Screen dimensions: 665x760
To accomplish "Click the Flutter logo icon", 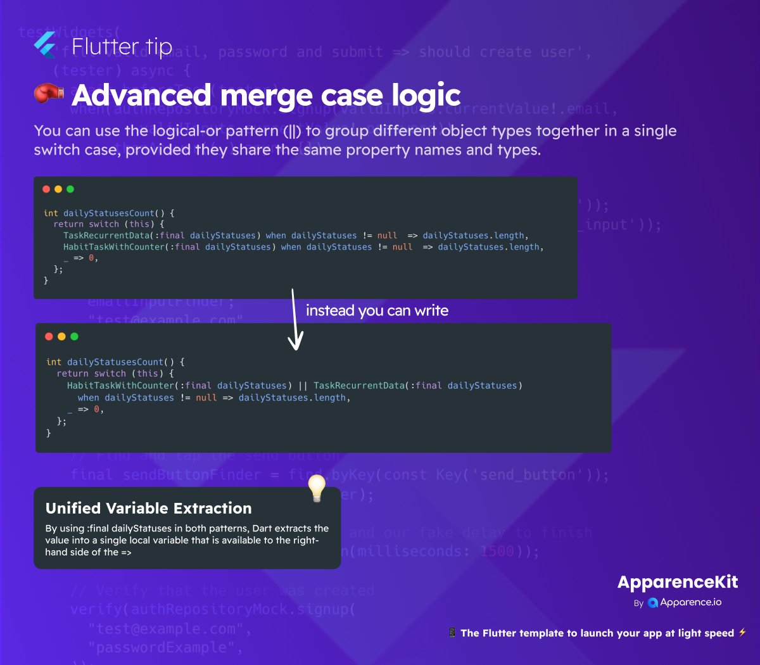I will (45, 45).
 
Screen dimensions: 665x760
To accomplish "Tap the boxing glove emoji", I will (49, 94).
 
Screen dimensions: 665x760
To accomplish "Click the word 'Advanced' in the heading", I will (141, 95).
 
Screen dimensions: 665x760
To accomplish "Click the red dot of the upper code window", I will (46, 189).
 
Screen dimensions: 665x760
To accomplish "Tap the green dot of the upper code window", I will (70, 189).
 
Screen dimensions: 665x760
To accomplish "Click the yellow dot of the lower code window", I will (61, 336).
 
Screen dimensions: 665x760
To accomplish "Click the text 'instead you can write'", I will (377, 310).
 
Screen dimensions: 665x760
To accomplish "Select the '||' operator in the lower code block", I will (303, 385).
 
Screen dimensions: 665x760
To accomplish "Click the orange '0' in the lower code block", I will (96, 409).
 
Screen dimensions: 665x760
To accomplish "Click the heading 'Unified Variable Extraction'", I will (149, 508).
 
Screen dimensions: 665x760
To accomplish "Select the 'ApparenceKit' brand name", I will (678, 582).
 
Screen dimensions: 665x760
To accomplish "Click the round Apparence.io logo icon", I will (653, 603).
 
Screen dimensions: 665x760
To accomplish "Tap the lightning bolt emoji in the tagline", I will (742, 632).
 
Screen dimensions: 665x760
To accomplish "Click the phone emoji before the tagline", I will (452, 632).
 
